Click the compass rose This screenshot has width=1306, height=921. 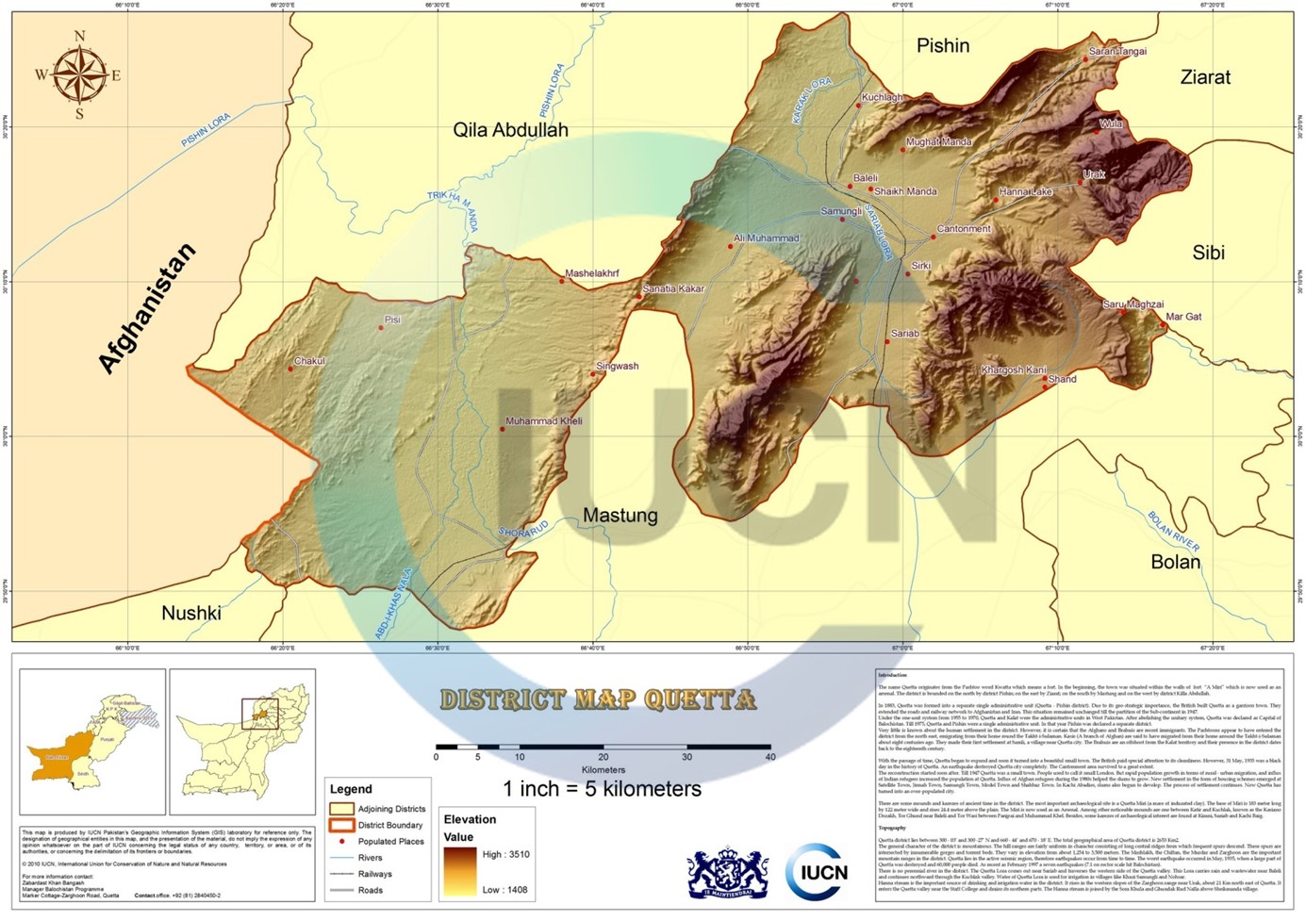tap(78, 75)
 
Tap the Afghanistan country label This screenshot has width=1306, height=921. tap(148, 308)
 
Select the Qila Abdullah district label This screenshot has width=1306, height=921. tap(510, 130)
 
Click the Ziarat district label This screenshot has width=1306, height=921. tap(1204, 77)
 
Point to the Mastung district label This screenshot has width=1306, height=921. tap(620, 515)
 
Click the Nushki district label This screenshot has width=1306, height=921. tap(190, 613)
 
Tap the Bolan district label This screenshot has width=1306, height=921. tap(1175, 562)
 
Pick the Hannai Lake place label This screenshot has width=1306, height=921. tap(1025, 192)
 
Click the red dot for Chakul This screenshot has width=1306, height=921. tap(290, 369)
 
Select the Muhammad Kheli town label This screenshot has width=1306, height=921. tap(544, 421)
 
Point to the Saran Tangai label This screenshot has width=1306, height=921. tap(1117, 52)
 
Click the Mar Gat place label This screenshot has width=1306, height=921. tap(1183, 317)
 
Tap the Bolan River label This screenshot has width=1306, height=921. tap(1173, 532)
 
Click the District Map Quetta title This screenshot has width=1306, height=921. tap(598, 700)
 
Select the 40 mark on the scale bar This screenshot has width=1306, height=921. tap(770, 757)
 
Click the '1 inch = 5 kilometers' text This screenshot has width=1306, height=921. tap(602, 788)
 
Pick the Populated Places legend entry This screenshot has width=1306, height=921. tap(390, 841)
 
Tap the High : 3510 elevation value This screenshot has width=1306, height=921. tap(505, 854)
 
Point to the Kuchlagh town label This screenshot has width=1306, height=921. tap(882, 97)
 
